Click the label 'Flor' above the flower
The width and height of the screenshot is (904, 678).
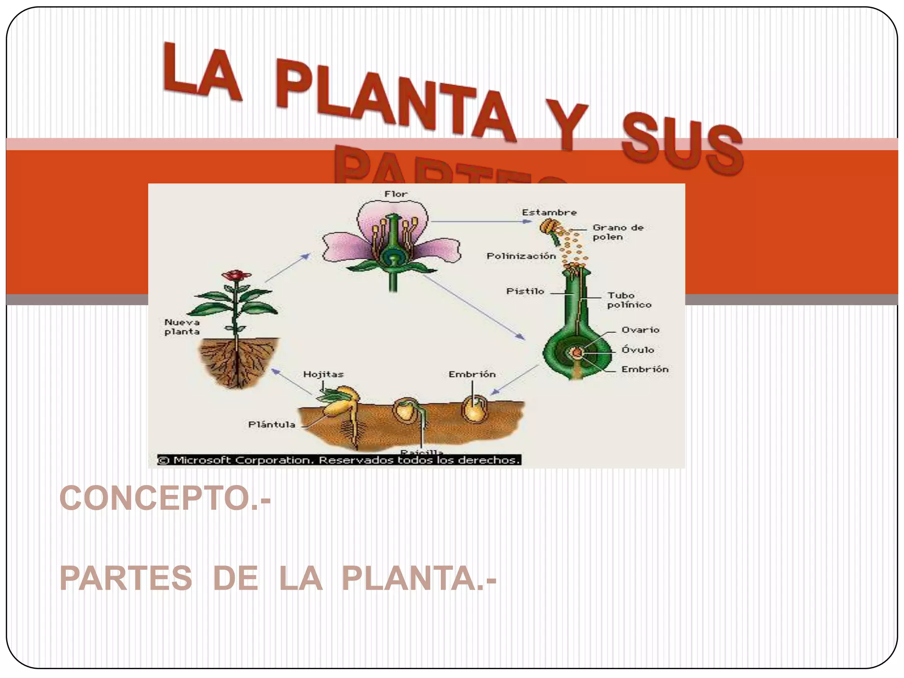(395, 194)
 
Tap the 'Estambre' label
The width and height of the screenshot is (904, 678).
(549, 212)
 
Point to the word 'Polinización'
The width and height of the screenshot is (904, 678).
(521, 256)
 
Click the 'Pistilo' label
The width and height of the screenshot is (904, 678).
(525, 291)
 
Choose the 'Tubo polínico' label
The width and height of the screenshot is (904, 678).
(629, 300)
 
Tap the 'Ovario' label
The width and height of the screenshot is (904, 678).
(640, 330)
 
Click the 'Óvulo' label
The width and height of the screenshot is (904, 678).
(637, 350)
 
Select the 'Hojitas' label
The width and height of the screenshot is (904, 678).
(323, 374)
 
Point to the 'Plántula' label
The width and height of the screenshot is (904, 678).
(271, 425)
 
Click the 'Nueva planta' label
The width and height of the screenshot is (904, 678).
(182, 327)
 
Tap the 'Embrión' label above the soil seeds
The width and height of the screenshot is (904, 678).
(472, 374)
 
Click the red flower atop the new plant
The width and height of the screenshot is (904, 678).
(237, 275)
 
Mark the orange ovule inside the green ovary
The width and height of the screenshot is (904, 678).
(576, 352)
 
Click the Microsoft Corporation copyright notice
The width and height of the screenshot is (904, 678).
(339, 460)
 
